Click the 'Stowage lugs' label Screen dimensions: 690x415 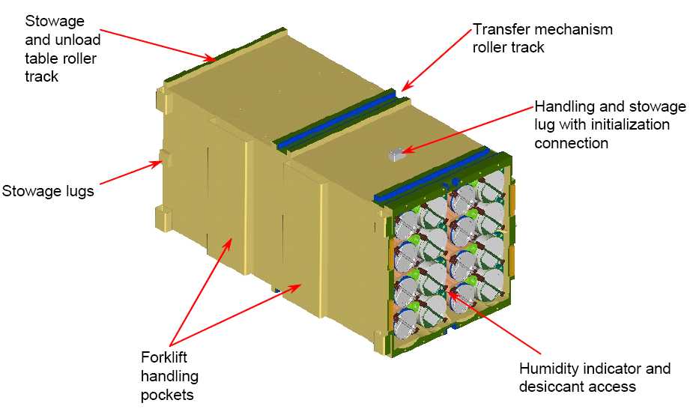(x=48, y=192)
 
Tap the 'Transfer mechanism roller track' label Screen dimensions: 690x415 (x=542, y=38)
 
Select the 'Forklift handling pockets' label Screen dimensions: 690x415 (x=169, y=376)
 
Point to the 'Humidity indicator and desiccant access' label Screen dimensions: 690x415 (x=595, y=377)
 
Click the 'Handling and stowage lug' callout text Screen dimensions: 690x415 (x=610, y=124)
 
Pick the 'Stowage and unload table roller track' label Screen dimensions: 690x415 (x=62, y=49)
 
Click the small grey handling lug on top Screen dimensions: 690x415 (x=396, y=154)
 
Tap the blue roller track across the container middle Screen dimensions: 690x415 (x=336, y=118)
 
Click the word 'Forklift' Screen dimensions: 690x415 (x=164, y=357)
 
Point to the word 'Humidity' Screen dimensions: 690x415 (x=548, y=369)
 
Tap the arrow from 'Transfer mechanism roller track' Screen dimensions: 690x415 (x=437, y=60)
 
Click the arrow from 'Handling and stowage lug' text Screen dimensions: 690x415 (x=468, y=129)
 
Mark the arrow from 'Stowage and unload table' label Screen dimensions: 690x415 (x=159, y=44)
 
